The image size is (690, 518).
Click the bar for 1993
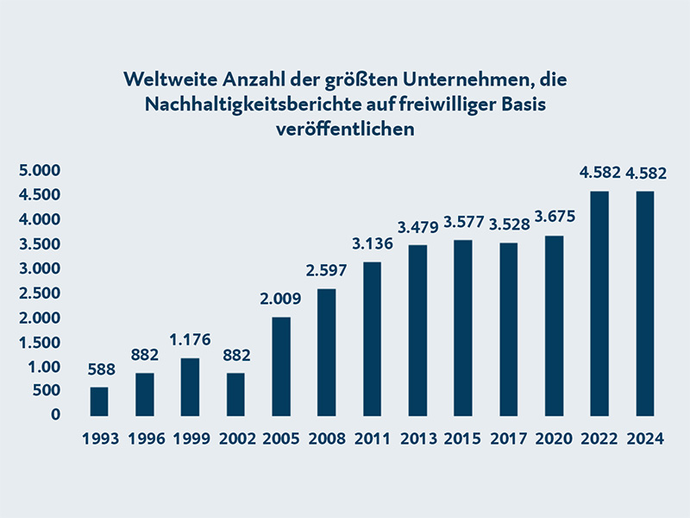99,401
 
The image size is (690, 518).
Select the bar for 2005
281,366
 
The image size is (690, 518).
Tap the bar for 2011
373,338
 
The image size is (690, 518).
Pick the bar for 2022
599,303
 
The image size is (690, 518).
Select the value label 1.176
190,339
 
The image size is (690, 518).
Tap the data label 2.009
281,301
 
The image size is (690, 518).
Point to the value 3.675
554,216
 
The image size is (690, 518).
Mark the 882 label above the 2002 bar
235,355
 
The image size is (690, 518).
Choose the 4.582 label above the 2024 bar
645,173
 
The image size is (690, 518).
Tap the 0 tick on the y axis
55,414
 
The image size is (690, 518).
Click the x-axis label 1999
190,439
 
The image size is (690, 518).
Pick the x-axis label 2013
418,439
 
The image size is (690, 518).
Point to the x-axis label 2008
327,439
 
